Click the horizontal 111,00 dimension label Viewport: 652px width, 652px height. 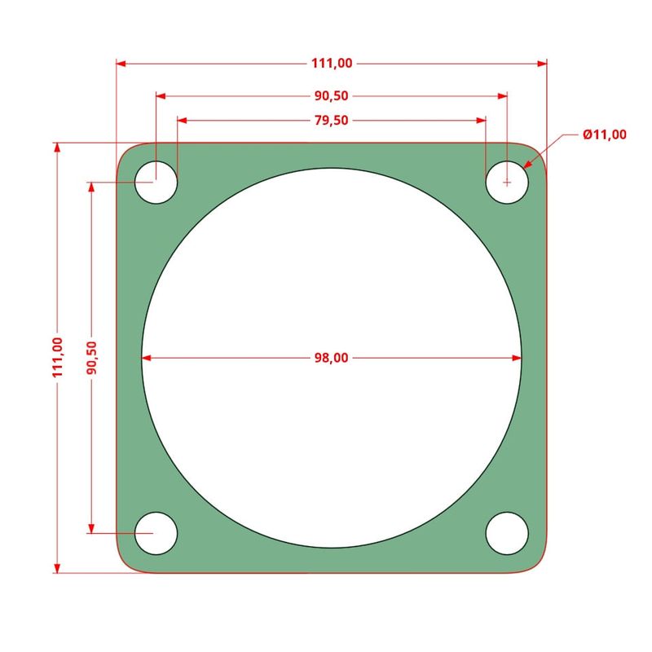point(332,63)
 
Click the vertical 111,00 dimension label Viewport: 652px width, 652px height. point(57,357)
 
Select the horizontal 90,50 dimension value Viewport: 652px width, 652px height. point(332,95)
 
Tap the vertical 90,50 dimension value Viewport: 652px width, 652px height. point(91,357)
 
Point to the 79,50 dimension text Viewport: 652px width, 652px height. point(332,120)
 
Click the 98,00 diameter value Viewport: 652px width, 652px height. point(332,357)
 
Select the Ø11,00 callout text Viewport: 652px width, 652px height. point(605,134)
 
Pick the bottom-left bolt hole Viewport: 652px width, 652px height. point(156,533)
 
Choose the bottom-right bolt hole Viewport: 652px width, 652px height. point(507,533)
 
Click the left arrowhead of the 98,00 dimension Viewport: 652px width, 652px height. point(148,357)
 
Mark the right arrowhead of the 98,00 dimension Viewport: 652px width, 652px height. point(516,357)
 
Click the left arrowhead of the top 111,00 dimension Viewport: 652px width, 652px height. point(122,63)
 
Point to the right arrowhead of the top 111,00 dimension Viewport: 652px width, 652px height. point(541,63)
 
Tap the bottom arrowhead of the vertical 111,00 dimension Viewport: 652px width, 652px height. point(57,567)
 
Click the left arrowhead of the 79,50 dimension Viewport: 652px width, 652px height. point(183,120)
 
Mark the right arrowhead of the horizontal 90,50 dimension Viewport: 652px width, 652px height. point(501,95)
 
